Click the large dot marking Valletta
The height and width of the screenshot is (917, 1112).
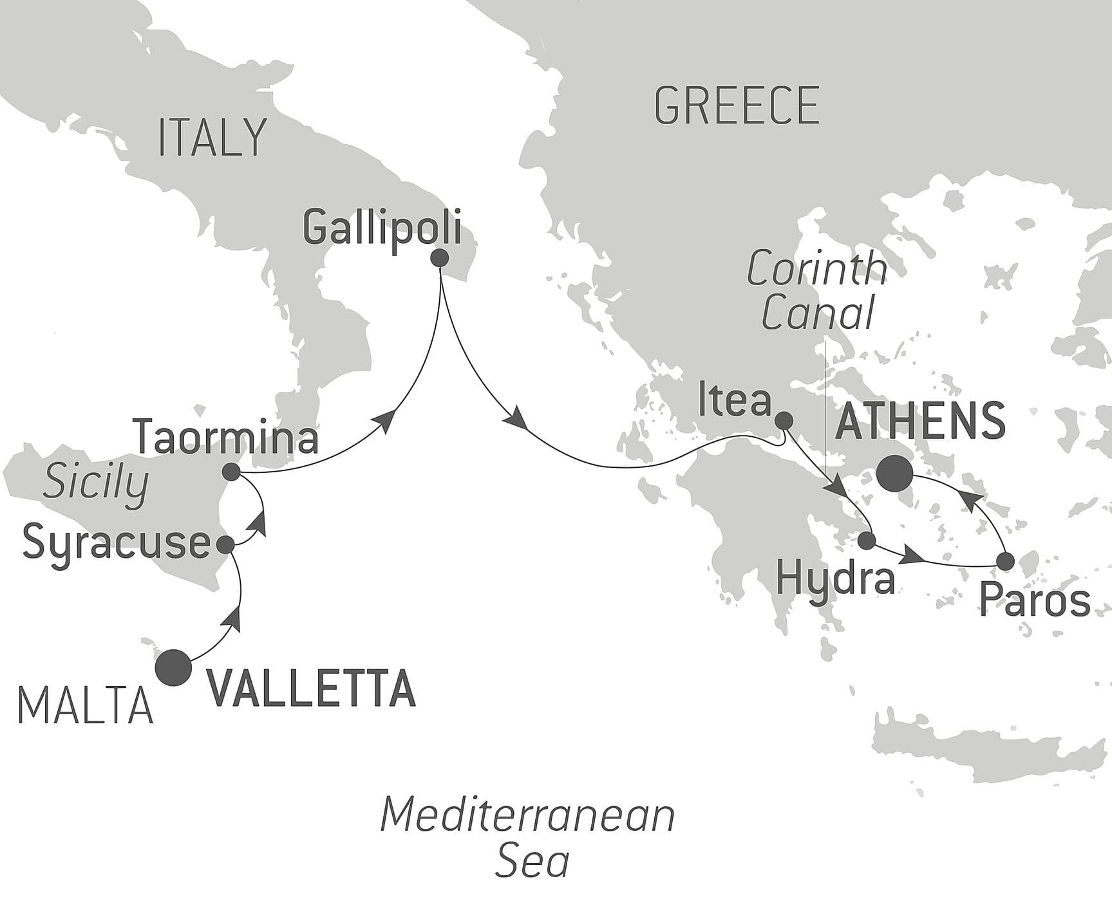pyautogui.click(x=174, y=668)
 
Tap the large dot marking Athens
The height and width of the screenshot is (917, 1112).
pyautogui.click(x=895, y=475)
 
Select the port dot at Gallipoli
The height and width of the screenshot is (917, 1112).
pyautogui.click(x=440, y=258)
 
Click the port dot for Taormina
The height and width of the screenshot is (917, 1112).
pyautogui.click(x=231, y=473)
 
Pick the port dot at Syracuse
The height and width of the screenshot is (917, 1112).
pyautogui.click(x=225, y=545)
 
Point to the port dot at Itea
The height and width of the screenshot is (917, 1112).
pyautogui.click(x=783, y=421)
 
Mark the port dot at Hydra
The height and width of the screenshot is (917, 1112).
pyautogui.click(x=867, y=541)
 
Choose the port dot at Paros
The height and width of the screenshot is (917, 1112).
pyautogui.click(x=1005, y=561)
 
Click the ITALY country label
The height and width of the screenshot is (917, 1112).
pyautogui.click(x=212, y=138)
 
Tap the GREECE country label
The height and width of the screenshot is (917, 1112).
pyautogui.click(x=737, y=106)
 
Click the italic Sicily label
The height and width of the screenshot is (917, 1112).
pyautogui.click(x=95, y=484)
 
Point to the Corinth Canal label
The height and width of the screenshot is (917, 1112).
pyautogui.click(x=817, y=292)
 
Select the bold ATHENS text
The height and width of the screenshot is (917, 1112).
pyautogui.click(x=920, y=421)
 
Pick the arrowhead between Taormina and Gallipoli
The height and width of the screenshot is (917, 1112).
pyautogui.click(x=384, y=421)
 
